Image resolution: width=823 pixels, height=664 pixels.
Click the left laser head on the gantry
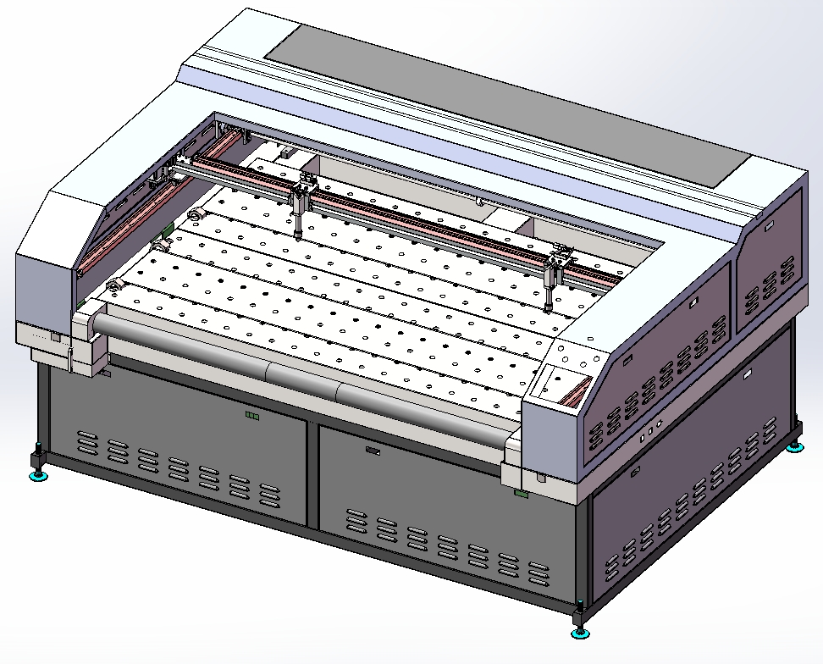click(x=301, y=203)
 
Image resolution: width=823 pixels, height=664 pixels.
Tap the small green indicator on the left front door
click(x=251, y=415)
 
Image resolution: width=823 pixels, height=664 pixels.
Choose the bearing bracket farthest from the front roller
click(x=196, y=217)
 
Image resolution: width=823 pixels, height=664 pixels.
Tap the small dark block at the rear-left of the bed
click(x=288, y=153)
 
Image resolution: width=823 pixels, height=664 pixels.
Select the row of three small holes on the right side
click(x=649, y=433)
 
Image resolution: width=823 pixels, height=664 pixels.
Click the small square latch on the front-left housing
click(x=56, y=337)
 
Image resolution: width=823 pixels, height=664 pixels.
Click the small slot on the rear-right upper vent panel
click(x=768, y=225)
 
